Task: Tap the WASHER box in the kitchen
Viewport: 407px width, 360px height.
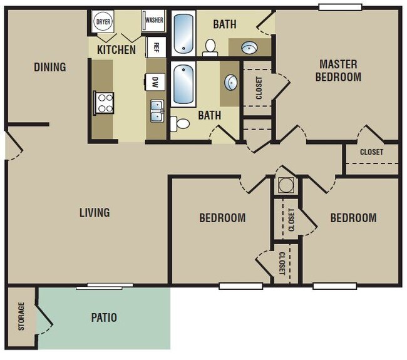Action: [x=154, y=20]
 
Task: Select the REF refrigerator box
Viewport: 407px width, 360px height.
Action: [x=156, y=47]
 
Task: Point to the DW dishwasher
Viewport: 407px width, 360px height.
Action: [x=155, y=81]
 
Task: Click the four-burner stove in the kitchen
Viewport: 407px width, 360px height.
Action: [x=103, y=103]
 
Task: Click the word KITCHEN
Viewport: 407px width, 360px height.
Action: [x=116, y=49]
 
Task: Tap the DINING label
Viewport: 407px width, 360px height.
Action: [x=50, y=67]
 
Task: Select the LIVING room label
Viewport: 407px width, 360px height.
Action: [x=95, y=212]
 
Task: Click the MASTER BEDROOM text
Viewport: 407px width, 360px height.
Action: [x=338, y=70]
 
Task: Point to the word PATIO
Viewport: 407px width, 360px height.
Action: [x=103, y=317]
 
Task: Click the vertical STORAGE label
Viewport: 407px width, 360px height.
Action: [x=21, y=317]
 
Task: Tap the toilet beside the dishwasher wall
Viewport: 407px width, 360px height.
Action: [x=182, y=123]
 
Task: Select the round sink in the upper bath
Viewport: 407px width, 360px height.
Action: [x=250, y=47]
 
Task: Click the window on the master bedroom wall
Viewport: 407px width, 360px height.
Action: [x=339, y=7]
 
